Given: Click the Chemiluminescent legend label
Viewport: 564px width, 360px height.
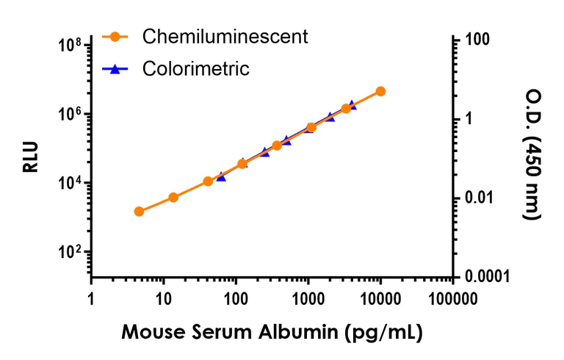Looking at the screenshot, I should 225,36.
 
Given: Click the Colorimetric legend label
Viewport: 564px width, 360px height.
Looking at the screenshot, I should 196,69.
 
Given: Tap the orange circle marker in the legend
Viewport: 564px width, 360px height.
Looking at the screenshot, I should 115,36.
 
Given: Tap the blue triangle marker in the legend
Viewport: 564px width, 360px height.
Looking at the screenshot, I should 115,69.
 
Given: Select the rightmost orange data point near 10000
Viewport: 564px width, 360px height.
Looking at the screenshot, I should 380,91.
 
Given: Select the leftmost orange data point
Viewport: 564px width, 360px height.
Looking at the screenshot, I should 139,212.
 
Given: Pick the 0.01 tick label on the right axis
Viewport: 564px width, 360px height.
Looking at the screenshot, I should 479,198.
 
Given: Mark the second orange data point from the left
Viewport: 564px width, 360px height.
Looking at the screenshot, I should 173,197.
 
